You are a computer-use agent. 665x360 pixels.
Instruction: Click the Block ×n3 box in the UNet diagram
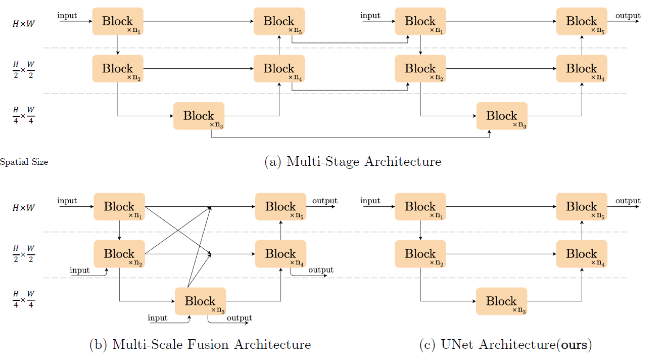(x=501, y=301)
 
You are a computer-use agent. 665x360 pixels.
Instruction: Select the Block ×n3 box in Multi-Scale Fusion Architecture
(x=200, y=301)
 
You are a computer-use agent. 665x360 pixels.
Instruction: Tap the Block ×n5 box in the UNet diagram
(x=582, y=207)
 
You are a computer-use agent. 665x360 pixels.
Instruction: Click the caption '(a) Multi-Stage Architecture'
(x=353, y=162)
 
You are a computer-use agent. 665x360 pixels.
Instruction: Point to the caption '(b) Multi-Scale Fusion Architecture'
(x=200, y=345)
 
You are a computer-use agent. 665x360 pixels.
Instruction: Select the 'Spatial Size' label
(x=24, y=162)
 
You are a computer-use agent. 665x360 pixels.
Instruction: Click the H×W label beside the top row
(x=24, y=24)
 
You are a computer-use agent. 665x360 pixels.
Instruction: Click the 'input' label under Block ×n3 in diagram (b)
(x=158, y=318)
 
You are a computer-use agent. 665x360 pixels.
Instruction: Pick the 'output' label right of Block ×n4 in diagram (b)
(x=321, y=270)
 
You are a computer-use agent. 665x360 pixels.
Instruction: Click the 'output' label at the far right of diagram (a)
(x=628, y=16)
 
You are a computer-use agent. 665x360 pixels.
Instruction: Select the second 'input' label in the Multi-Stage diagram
(x=370, y=16)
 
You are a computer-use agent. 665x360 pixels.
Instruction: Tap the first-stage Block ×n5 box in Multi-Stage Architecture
(x=279, y=21)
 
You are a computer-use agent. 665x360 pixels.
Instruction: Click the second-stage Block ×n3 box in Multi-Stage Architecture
(x=502, y=116)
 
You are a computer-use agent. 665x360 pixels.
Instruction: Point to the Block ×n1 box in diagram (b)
(x=119, y=207)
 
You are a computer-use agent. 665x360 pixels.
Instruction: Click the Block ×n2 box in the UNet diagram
(x=420, y=254)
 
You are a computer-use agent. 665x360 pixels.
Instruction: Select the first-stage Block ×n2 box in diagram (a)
(x=117, y=69)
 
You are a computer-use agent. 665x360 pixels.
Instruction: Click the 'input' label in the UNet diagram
(x=370, y=201)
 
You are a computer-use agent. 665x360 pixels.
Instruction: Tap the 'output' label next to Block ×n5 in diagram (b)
(x=324, y=201)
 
